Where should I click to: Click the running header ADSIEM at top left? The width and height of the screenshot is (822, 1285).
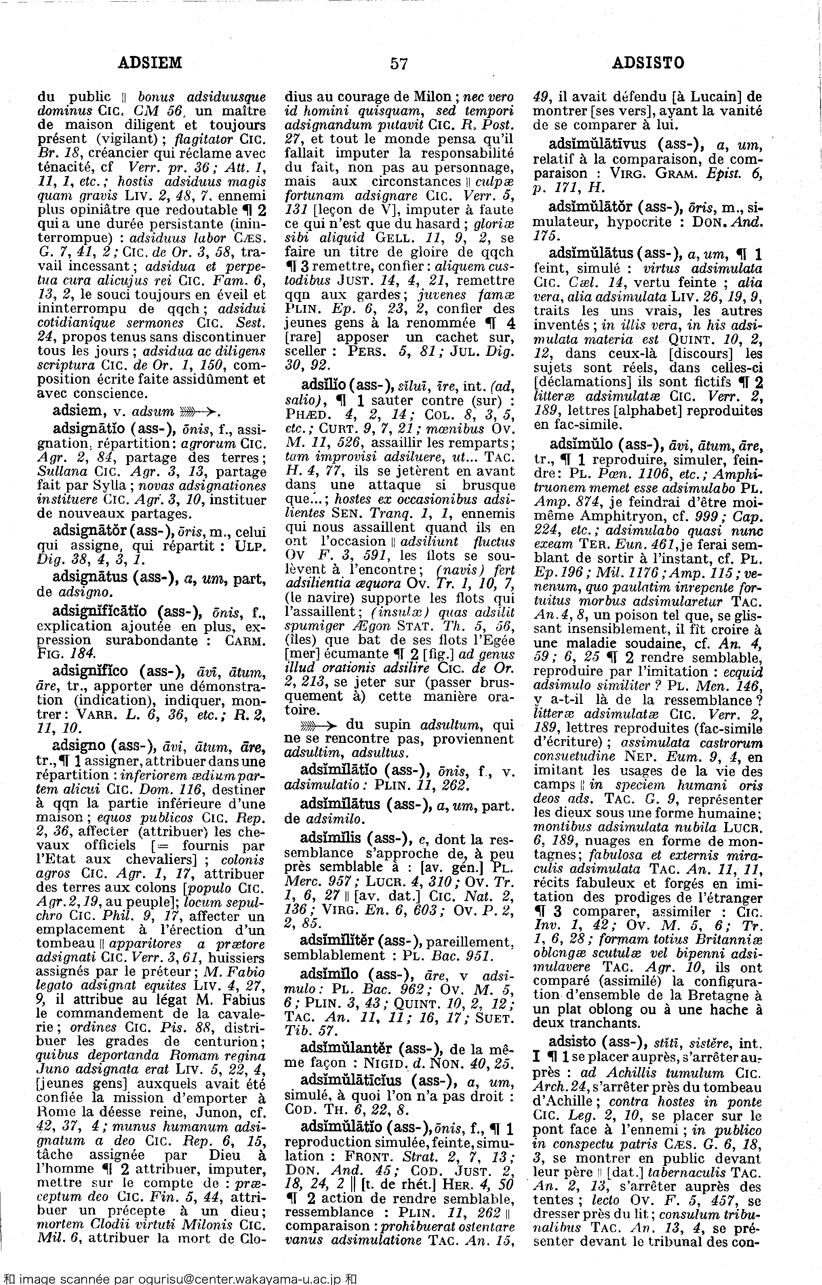[x=149, y=63]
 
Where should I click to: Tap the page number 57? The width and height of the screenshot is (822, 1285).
[x=399, y=63]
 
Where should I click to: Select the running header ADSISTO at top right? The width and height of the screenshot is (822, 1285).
[x=648, y=63]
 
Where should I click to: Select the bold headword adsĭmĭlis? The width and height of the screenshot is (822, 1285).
[x=332, y=839]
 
